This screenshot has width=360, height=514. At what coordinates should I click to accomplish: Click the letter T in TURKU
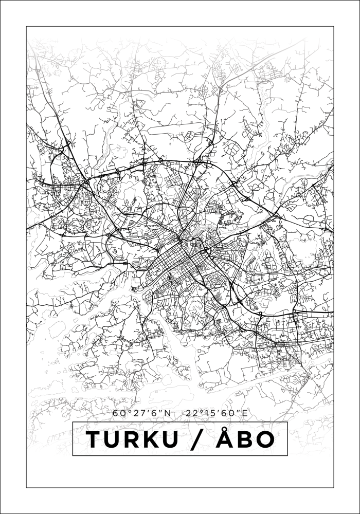click(x=95, y=439)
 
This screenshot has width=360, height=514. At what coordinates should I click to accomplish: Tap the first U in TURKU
click(x=116, y=439)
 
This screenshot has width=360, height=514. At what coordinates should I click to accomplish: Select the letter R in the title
click(x=137, y=439)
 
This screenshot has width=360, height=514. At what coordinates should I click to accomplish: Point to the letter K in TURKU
click(x=158, y=439)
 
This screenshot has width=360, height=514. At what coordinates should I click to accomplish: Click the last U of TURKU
click(x=179, y=439)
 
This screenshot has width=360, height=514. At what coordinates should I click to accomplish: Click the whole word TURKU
click(x=137, y=439)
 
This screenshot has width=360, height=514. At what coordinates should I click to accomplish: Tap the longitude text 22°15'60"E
click(x=219, y=413)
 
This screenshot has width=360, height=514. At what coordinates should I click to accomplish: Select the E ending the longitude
click(x=245, y=413)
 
